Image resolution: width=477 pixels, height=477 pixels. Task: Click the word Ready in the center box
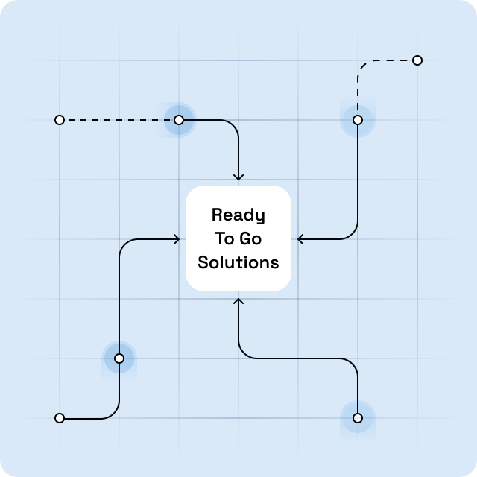(x=238, y=215)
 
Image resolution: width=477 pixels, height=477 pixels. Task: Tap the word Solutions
(x=238, y=262)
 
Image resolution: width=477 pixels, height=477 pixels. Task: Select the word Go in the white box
(x=250, y=238)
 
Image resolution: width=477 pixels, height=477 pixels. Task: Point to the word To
(x=225, y=238)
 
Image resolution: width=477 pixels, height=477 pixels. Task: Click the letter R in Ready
(x=217, y=215)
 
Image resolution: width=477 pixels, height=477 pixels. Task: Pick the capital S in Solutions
(x=203, y=262)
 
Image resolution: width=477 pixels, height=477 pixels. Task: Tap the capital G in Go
(x=245, y=238)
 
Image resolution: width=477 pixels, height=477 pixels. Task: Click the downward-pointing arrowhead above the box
(x=238, y=177)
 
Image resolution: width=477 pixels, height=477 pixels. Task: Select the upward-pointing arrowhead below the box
(x=238, y=301)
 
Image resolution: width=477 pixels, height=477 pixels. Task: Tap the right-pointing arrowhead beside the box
(x=177, y=239)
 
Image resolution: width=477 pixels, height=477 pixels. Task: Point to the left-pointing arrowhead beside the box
(x=300, y=239)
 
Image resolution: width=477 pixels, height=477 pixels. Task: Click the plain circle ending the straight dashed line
(x=60, y=120)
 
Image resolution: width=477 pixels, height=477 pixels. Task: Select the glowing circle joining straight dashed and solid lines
(x=179, y=120)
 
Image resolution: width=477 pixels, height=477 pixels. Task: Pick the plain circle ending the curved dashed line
(x=417, y=60)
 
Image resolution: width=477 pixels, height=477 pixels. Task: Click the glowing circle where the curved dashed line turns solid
(x=358, y=120)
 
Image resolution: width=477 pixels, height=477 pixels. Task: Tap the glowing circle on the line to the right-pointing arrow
(x=119, y=358)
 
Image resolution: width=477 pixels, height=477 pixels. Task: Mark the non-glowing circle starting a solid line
(x=60, y=418)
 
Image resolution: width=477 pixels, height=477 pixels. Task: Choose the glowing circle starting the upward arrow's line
(x=358, y=418)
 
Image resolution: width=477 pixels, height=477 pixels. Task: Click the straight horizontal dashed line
(x=119, y=120)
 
